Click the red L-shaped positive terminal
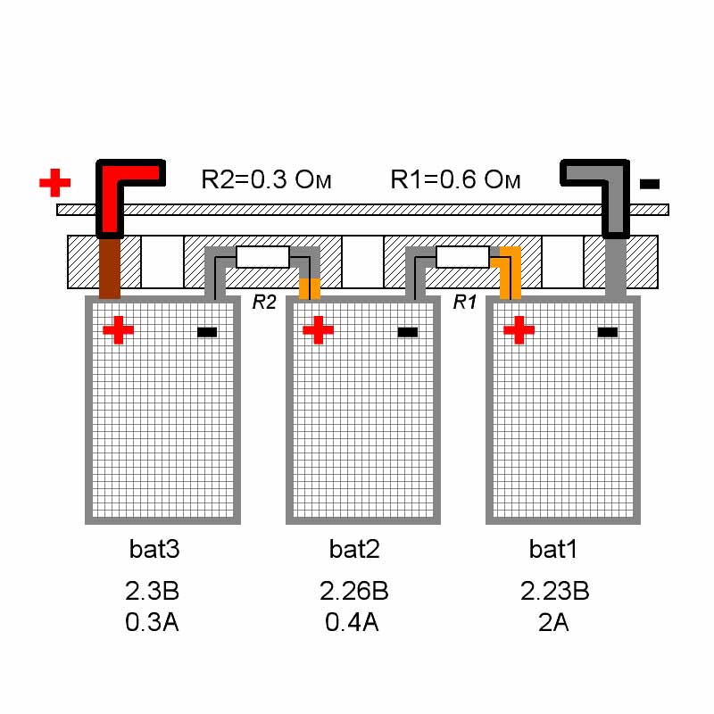(110, 200)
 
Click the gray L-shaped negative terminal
(616, 200)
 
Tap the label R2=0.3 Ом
(266, 179)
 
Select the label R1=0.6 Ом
(455, 179)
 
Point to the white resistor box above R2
(262, 257)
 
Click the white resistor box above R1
(462, 257)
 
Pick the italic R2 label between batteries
(264, 302)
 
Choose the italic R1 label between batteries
(464, 302)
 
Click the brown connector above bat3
(110, 269)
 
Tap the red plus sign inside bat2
(319, 330)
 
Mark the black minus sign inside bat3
(207, 332)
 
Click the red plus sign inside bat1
(519, 330)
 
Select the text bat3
(154, 549)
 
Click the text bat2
(354, 549)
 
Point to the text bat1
(552, 549)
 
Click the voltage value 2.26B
(353, 591)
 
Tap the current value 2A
(553, 622)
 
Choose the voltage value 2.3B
(152, 591)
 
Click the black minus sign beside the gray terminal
(650, 184)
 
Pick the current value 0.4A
(352, 622)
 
